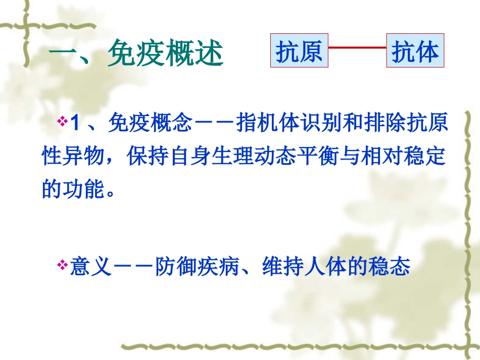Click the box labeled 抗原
[x=299, y=51]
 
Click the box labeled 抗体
[x=415, y=51]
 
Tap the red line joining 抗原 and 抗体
[x=357, y=48]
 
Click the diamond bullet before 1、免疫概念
[x=63, y=122]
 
